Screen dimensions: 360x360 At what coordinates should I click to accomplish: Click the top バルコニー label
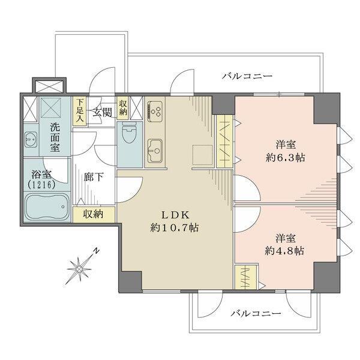pos(247,77)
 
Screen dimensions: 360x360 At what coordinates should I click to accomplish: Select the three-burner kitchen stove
pos(156,112)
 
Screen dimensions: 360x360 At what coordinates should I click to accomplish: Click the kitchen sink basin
pos(156,148)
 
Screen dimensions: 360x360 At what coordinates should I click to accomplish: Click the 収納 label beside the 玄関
pos(123,107)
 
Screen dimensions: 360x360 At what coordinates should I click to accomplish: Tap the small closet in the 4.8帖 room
pos(248,278)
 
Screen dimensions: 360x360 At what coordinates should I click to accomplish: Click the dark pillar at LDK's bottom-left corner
pos(130,278)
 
